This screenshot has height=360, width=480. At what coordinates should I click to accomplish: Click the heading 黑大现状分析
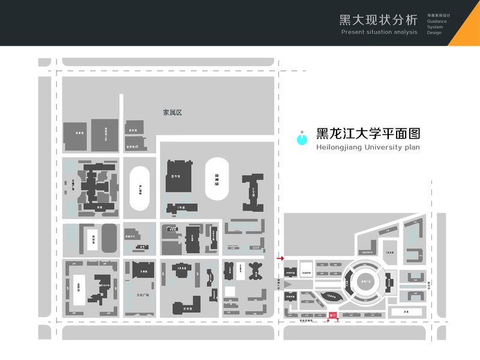coord(378,20)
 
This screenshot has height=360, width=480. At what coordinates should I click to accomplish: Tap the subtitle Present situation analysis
coord(379,32)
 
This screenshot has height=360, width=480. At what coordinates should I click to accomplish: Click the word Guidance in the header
coord(437,21)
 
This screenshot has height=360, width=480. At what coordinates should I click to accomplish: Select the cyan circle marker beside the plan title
coord(302,140)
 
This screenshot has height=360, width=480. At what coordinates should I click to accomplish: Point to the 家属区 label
coord(172,112)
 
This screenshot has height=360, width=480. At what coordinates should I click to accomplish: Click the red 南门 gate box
coord(334,314)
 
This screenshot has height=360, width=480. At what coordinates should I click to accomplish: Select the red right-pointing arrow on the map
coord(280,258)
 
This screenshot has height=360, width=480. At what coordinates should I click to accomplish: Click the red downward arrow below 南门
coord(328,320)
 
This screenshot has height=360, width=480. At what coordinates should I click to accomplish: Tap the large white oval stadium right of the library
coord(218,178)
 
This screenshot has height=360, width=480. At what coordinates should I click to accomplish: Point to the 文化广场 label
coord(142,295)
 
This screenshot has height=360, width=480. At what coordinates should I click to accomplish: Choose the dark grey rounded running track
coord(109,238)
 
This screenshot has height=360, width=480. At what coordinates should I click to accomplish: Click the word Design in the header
coord(434,32)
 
